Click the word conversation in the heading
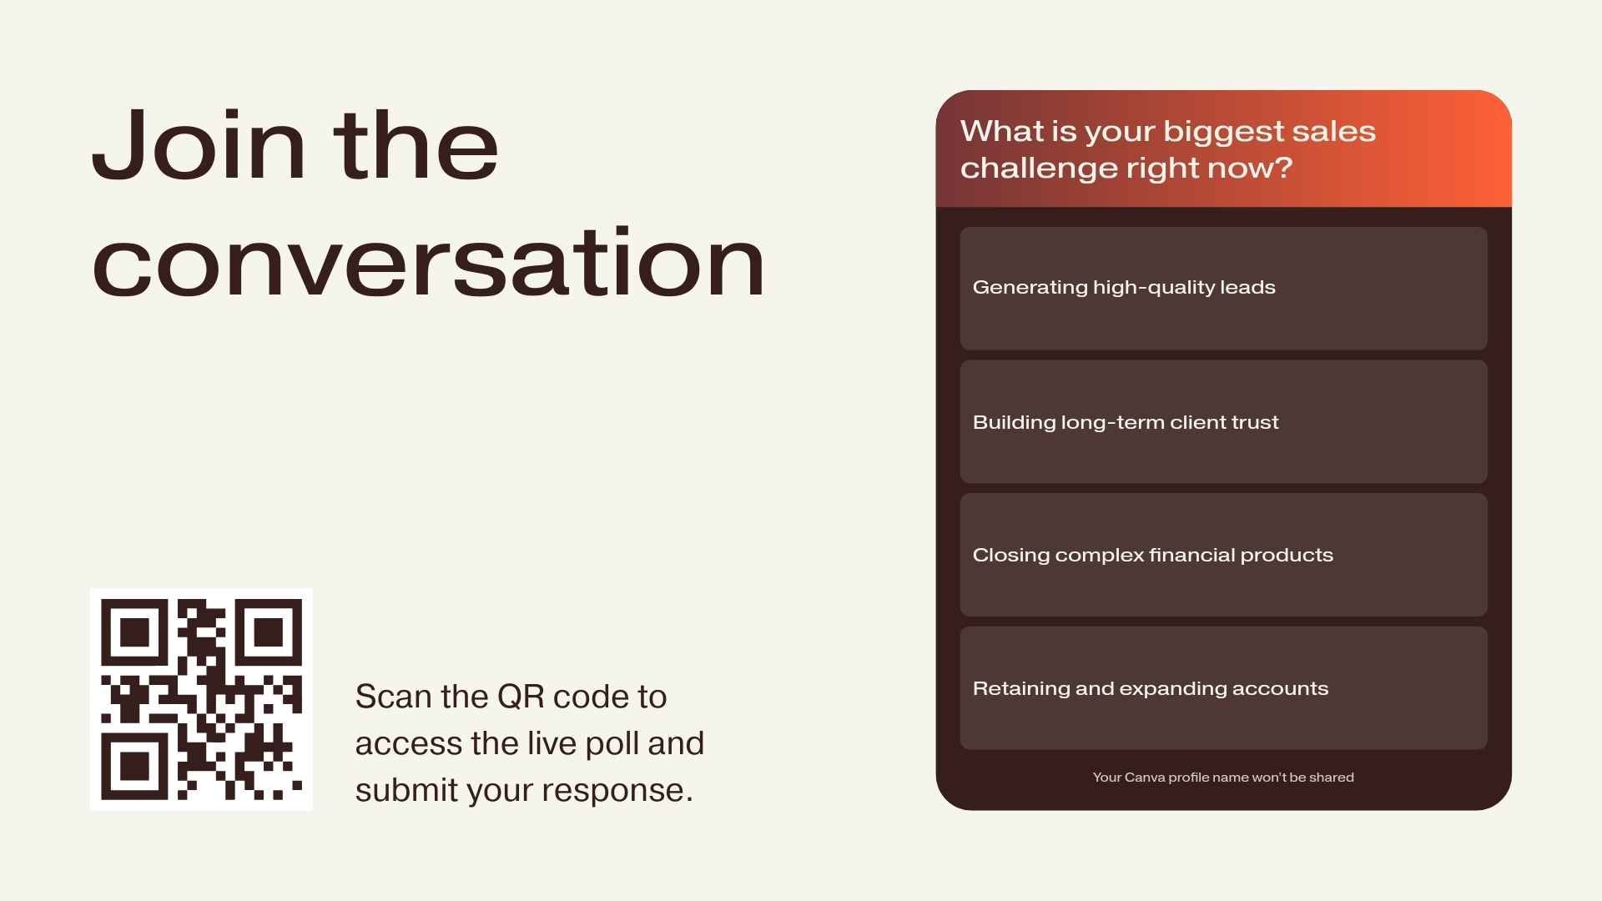tap(428, 262)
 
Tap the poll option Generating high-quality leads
tap(1223, 288)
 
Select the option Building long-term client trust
tap(1223, 421)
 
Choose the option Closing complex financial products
tap(1223, 555)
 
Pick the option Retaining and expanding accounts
tap(1223, 688)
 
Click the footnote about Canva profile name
tap(1223, 778)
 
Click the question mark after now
tap(1284, 168)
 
